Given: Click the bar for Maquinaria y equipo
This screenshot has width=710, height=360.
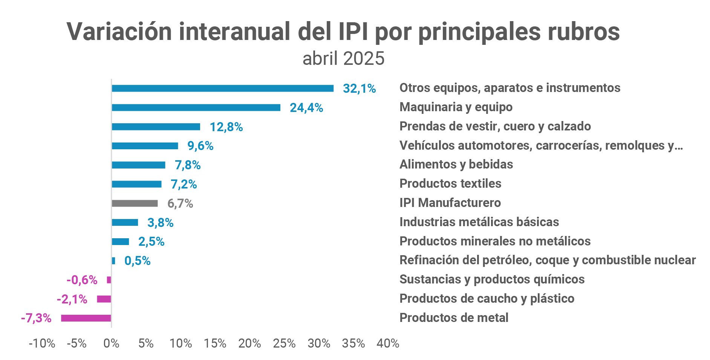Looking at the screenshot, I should click(x=196, y=107).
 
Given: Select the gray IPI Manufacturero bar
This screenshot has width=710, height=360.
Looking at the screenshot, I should click(x=135, y=203).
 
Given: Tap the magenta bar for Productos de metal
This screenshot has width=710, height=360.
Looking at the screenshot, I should click(x=86, y=318).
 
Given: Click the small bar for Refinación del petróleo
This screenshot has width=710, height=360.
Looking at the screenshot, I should click(x=113, y=260).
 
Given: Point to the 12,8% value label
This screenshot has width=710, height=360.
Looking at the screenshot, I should click(x=226, y=127).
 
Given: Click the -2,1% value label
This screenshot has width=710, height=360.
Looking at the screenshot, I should click(x=72, y=299).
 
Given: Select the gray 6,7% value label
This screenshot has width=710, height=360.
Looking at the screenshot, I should click(x=180, y=204).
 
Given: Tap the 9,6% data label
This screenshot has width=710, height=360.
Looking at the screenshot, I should click(x=200, y=146).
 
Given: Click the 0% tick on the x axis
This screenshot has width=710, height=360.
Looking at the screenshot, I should click(x=111, y=343).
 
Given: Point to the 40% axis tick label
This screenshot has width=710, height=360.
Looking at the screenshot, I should click(x=388, y=343).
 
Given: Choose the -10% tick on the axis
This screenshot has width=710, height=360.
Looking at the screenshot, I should click(x=42, y=343).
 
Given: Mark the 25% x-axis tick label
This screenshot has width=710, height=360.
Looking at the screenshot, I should click(x=284, y=343).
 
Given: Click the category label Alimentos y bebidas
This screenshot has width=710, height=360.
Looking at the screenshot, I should click(x=456, y=164).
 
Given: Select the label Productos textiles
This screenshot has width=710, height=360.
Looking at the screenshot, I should click(x=450, y=184).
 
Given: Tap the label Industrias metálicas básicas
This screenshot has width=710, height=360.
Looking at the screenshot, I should click(x=479, y=222).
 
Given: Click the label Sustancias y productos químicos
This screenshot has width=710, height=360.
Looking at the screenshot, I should click(x=492, y=279).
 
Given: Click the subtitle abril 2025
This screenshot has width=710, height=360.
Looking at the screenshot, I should click(x=343, y=59).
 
